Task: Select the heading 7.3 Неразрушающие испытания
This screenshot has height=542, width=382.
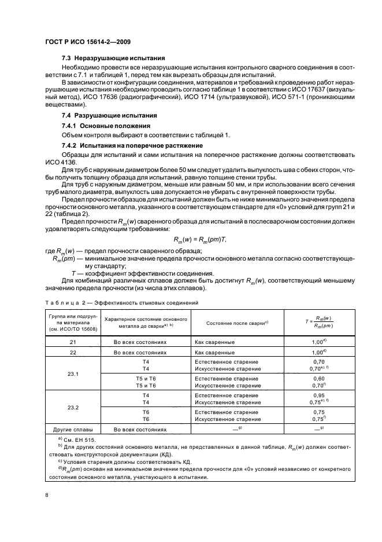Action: (113, 58)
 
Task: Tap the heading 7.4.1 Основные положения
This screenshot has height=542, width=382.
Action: (106, 126)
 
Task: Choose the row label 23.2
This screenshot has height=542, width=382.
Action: (73, 408)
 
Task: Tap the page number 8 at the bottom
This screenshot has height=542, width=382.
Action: (47, 495)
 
